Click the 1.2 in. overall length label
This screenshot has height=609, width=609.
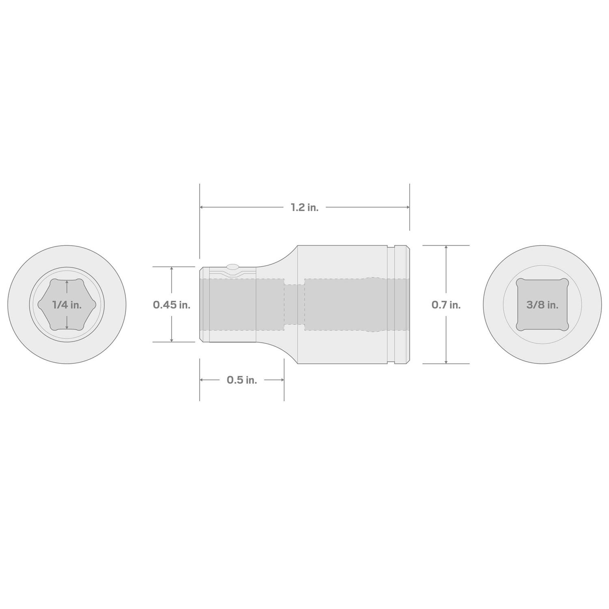coord(304,207)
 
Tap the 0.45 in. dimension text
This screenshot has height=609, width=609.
coord(172,304)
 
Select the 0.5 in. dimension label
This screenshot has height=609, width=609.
coord(242,380)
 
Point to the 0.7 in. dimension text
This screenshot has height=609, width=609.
coord(446,304)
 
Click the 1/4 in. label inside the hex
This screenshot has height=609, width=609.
coord(67,304)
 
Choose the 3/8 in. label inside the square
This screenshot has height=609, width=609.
coord(542,304)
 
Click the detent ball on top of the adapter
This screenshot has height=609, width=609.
coord(233,267)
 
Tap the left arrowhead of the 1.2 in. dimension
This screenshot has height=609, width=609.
coord(202,207)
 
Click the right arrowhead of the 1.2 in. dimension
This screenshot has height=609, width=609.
coord(407,207)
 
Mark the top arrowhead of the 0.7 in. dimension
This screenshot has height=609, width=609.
coord(446,248)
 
